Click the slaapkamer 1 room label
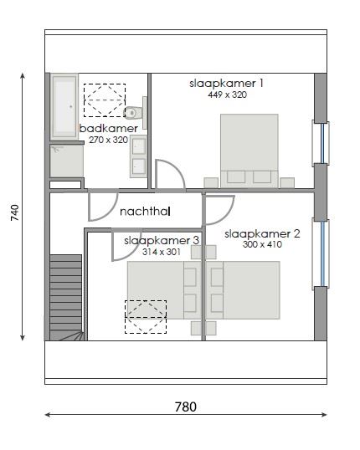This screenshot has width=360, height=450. pyautogui.click(x=226, y=83)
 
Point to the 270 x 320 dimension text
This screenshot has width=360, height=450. pyautogui.click(x=108, y=140)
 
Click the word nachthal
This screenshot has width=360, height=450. pyautogui.click(x=145, y=212)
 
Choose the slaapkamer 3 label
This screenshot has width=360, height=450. pyautogui.click(x=161, y=240)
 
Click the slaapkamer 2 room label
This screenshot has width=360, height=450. pyautogui.click(x=262, y=234)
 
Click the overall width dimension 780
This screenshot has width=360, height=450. pyautogui.click(x=185, y=407)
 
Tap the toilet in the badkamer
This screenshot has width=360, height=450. pyautogui.click(x=132, y=112)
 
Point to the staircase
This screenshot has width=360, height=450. pyautogui.click(x=65, y=297)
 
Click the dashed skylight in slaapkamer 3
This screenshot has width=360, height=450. pyautogui.click(x=146, y=317)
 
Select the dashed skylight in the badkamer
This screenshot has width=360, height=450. pyautogui.click(x=103, y=99)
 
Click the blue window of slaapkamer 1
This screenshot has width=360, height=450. pyautogui.click(x=321, y=143)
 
